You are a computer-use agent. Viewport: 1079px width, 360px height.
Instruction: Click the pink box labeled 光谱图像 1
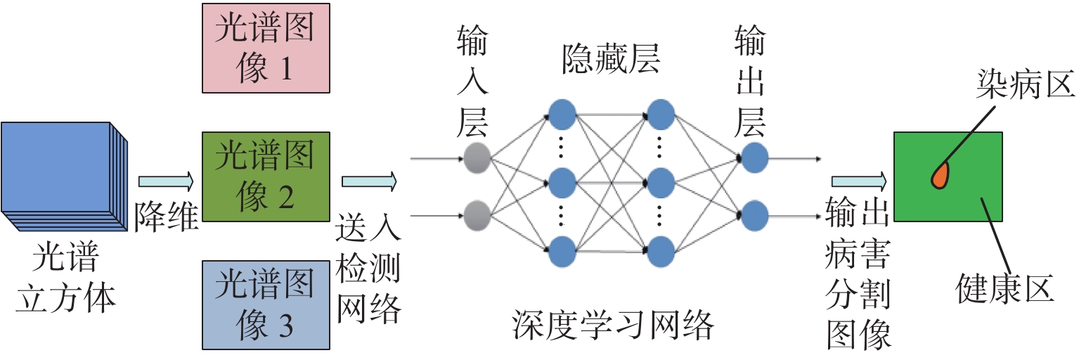pyautogui.click(x=265, y=48)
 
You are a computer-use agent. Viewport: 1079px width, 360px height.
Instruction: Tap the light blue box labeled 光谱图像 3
pyautogui.click(x=265, y=304)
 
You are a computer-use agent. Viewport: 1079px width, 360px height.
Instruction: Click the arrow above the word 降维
pyautogui.click(x=164, y=182)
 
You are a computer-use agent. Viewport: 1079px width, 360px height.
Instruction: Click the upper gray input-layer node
pyautogui.click(x=477, y=157)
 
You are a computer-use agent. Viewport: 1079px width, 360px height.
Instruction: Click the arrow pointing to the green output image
pyautogui.click(x=858, y=182)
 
